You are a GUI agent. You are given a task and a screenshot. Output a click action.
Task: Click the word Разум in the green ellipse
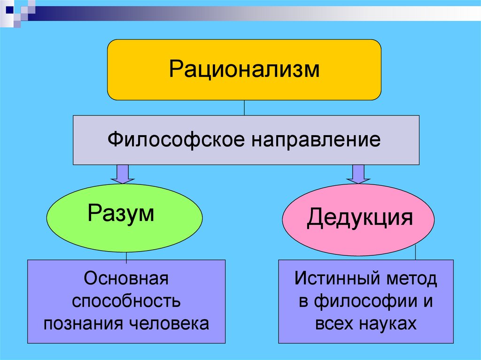point(121,214)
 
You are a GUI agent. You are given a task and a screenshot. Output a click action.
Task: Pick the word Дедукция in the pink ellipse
point(359,218)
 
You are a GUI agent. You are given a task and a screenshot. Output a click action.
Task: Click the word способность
point(126,301)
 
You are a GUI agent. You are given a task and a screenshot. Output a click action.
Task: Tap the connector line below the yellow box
point(244,108)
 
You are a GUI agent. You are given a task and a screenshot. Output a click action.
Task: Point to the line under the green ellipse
point(126,256)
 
